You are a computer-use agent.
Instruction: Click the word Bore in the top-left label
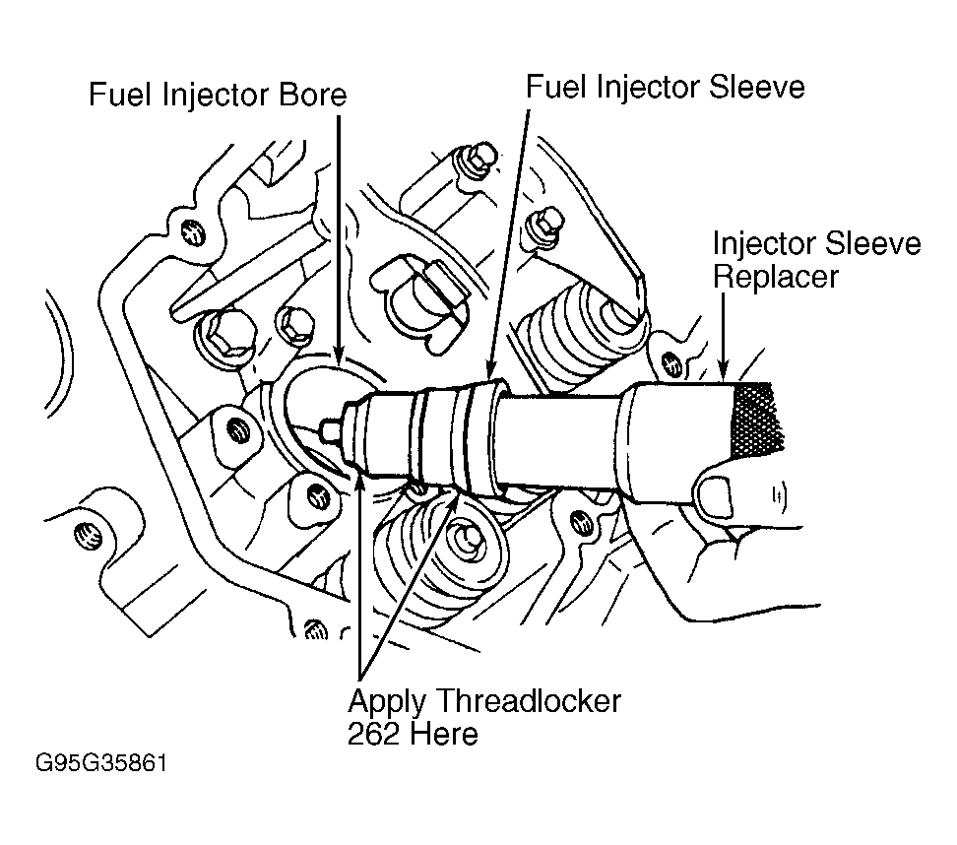click(312, 95)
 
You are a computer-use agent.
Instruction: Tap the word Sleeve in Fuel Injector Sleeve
click(757, 87)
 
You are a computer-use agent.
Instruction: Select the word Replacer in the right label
click(776, 278)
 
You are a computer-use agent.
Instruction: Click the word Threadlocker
click(529, 701)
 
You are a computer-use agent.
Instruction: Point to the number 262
click(372, 734)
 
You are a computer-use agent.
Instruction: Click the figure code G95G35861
click(101, 763)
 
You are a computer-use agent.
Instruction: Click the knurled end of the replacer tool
click(757, 421)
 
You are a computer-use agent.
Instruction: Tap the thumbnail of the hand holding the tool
click(716, 495)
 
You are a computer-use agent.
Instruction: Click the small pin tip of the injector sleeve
click(330, 430)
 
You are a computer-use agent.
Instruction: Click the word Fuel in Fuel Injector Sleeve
click(556, 87)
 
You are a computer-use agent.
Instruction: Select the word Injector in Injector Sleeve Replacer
click(764, 244)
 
